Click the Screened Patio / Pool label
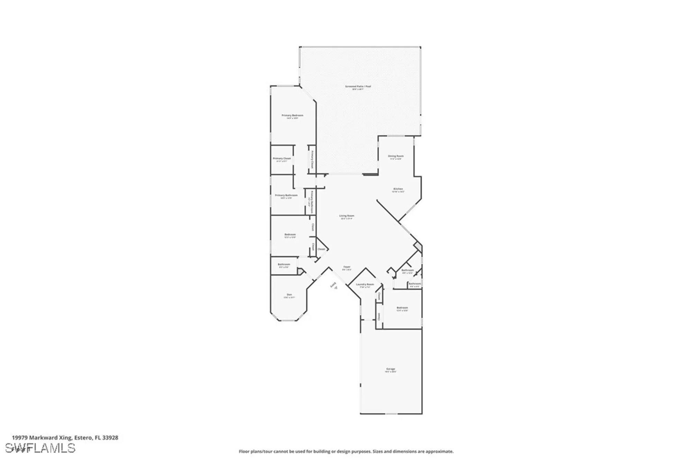pyautogui.click(x=358, y=86)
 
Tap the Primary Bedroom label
pyautogui.click(x=292, y=115)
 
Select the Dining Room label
pyautogui.click(x=395, y=156)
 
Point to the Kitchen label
pyautogui.click(x=398, y=189)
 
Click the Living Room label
pyautogui.click(x=346, y=216)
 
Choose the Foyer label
pyautogui.click(x=347, y=267)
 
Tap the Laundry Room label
pyautogui.click(x=365, y=284)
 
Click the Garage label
pyautogui.click(x=390, y=369)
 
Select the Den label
pyautogui.click(x=289, y=295)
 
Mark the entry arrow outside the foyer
pyautogui.click(x=335, y=287)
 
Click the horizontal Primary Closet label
pyautogui.click(x=282, y=159)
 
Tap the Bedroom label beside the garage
pyautogui.click(x=402, y=308)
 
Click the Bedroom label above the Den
pyautogui.click(x=290, y=235)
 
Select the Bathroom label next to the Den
pyautogui.click(x=284, y=264)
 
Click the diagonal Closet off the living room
pyautogui.click(x=321, y=249)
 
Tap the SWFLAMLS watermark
pyautogui.click(x=43, y=448)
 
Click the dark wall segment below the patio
pyautogui.click(x=370, y=175)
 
